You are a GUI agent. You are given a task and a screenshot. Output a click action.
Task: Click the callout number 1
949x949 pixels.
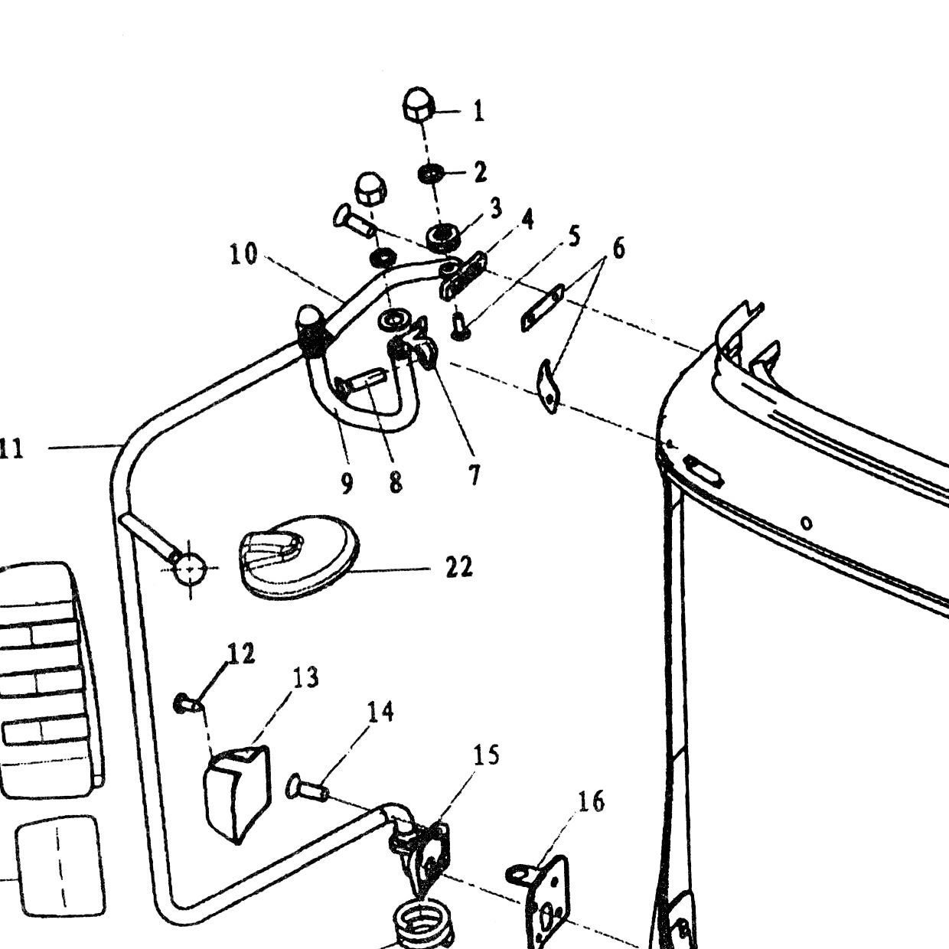(x=478, y=111)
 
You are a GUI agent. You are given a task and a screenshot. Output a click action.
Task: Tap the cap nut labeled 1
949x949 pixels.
(x=419, y=104)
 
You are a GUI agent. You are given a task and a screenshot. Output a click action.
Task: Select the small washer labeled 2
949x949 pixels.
(x=430, y=174)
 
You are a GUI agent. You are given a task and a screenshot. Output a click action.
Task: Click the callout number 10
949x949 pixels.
(x=244, y=255)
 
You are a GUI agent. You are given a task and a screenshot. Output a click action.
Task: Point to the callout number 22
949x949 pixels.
(x=459, y=567)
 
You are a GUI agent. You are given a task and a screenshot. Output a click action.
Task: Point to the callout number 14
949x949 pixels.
(x=380, y=712)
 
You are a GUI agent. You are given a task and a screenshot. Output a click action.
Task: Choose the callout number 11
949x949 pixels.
(x=11, y=449)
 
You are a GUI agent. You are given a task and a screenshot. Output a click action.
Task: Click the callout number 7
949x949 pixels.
(x=473, y=475)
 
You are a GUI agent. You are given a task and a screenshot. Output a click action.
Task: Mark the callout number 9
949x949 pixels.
(x=347, y=483)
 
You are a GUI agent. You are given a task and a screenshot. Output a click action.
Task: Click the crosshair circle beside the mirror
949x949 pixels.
(x=191, y=568)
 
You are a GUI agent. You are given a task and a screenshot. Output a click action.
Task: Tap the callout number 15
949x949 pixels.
(x=487, y=755)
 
